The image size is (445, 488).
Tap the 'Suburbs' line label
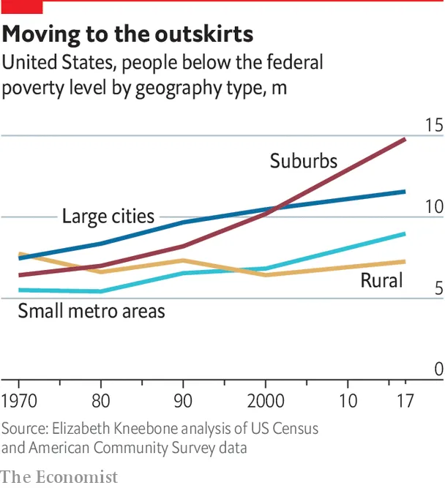point(303,160)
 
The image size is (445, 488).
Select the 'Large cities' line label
point(108,217)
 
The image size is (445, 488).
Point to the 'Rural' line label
point(381,281)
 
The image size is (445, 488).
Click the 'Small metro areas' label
point(91,311)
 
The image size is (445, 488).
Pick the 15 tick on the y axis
point(434,125)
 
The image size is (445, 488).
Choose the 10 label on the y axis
point(434,206)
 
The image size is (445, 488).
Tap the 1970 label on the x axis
point(21,401)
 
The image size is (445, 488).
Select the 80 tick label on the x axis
point(101,401)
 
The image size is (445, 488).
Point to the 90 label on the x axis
point(183,401)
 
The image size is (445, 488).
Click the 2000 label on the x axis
point(266,401)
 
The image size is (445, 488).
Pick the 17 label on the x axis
point(403,401)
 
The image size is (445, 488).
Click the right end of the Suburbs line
point(405,139)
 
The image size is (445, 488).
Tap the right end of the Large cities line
point(405,192)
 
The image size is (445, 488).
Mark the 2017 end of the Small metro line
point(405,234)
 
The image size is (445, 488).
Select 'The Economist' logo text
point(59,477)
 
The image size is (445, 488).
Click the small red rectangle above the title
point(22,6)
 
